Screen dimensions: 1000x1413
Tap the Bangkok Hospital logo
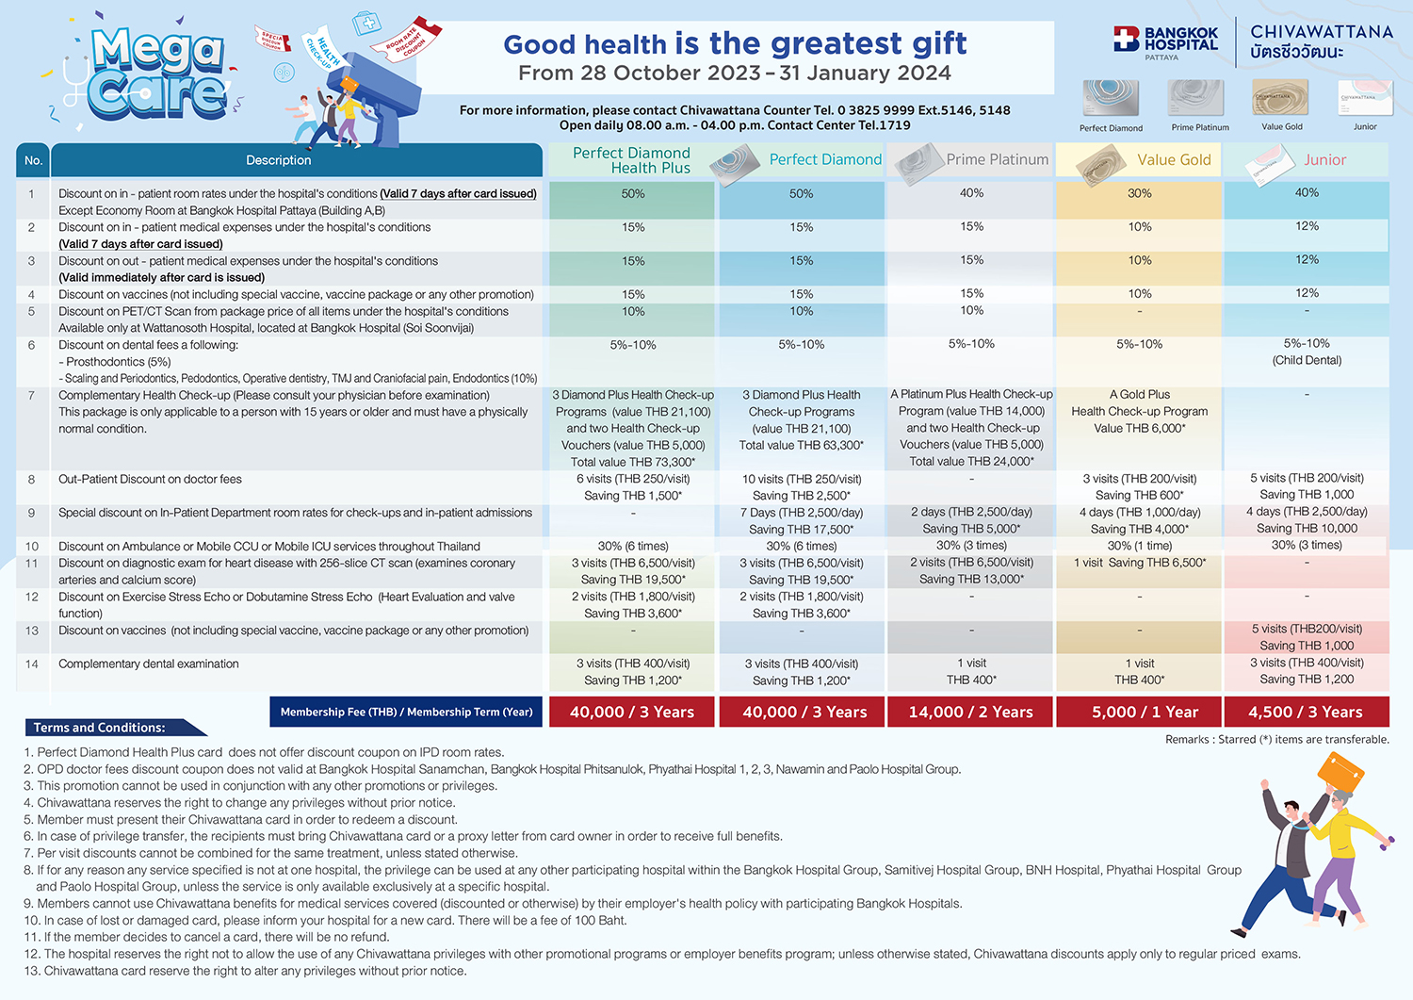(x=1166, y=41)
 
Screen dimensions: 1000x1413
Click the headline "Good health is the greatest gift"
(x=735, y=43)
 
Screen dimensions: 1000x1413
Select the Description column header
(x=278, y=160)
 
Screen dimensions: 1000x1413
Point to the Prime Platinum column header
(x=997, y=160)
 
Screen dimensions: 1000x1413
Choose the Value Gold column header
(x=1174, y=160)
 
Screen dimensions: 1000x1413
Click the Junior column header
(x=1324, y=160)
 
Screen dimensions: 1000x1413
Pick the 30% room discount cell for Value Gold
(x=1139, y=193)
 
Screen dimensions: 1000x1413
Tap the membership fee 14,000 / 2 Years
(x=970, y=713)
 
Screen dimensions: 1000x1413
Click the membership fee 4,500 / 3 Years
(x=1305, y=713)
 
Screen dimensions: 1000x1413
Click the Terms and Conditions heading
(x=100, y=728)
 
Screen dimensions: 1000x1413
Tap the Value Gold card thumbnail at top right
(x=1280, y=97)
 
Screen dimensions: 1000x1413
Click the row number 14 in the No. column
(x=32, y=664)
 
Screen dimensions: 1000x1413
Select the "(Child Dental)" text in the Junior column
(x=1307, y=360)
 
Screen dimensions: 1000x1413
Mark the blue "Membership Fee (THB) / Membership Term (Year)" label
(x=406, y=713)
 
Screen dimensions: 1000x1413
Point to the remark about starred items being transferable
(x=1276, y=740)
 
